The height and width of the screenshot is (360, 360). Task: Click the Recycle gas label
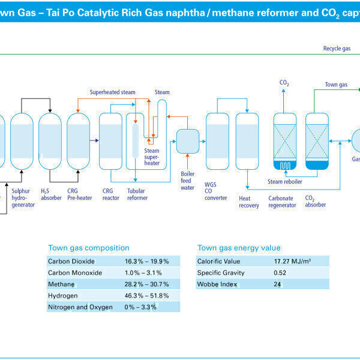[x=337, y=48]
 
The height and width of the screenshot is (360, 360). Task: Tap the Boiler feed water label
[x=188, y=170]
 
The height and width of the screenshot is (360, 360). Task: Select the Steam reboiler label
[x=285, y=181]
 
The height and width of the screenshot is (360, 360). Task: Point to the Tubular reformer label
[x=137, y=194]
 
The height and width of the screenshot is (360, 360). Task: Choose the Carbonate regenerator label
[x=282, y=201]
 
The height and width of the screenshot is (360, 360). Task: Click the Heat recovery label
[x=249, y=201]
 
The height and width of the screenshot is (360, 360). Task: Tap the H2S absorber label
[x=51, y=194]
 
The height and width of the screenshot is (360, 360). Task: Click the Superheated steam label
[x=113, y=92]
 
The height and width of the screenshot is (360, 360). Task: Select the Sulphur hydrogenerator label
[x=23, y=197]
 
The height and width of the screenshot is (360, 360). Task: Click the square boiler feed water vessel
[x=187, y=141]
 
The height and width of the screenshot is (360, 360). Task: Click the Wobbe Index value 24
[x=278, y=284]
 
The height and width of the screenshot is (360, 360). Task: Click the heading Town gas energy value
[x=239, y=248]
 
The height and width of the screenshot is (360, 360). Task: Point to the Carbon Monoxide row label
[x=75, y=272]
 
